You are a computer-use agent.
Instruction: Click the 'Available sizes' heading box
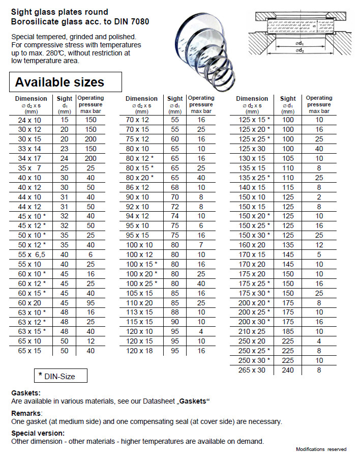(x=66, y=82)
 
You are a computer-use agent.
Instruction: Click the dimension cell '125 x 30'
(x=253, y=149)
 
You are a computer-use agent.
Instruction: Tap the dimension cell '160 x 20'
(x=253, y=245)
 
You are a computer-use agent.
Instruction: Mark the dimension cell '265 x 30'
(x=253, y=370)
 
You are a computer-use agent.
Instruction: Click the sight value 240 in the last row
(x=288, y=370)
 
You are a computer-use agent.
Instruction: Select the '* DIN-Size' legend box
(x=61, y=376)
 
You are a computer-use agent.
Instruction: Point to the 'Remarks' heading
(x=26, y=413)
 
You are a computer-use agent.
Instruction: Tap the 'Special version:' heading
(x=38, y=433)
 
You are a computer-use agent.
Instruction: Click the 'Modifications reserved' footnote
(x=321, y=449)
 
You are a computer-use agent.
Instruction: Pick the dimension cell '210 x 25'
(x=253, y=331)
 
